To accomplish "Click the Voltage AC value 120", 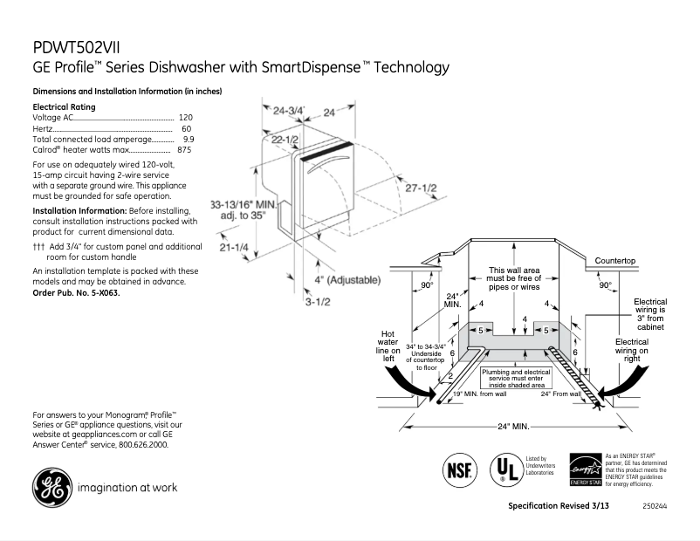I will (x=185, y=117).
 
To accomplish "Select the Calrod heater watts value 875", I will (x=184, y=150).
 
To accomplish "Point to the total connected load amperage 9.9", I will (x=189, y=139).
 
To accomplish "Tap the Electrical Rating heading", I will (x=64, y=106).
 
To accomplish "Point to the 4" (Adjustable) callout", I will (x=347, y=280).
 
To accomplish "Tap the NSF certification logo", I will (x=460, y=469).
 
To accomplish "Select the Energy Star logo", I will (x=585, y=469).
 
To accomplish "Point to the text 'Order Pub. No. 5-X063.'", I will (x=76, y=293).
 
